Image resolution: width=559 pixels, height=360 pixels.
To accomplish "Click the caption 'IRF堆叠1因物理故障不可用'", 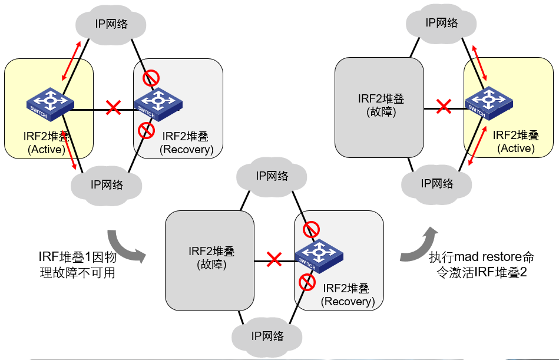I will pyautogui.click(x=76, y=265).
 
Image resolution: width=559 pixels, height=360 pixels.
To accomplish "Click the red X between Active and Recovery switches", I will pyautogui.click(x=113, y=108).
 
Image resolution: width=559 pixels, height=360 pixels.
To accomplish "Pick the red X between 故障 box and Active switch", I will pyautogui.click(x=444, y=107).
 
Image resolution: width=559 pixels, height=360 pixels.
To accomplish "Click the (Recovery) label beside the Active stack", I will pyautogui.click(x=186, y=149).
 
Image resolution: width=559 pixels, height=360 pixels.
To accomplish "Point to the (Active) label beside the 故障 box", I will pyautogui.click(x=516, y=148).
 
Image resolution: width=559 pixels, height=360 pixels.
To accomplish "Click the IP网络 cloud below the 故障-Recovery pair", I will pyautogui.click(x=267, y=336).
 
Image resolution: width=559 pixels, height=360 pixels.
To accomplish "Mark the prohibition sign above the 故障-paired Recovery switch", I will pyautogui.click(x=311, y=229).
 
